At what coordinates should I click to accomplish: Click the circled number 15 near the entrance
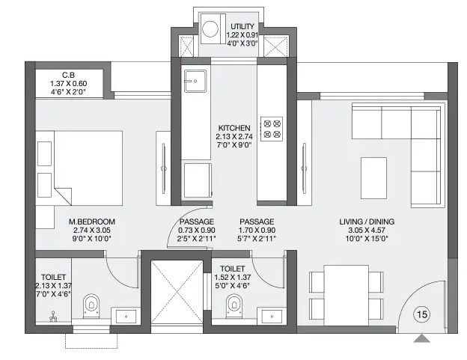click(x=422, y=314)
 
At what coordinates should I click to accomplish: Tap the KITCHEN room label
click(x=234, y=128)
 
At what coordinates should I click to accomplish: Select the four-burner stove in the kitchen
click(x=272, y=129)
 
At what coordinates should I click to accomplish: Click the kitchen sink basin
click(x=195, y=81)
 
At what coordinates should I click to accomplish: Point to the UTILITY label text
click(x=242, y=26)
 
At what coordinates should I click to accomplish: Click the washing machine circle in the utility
click(x=210, y=29)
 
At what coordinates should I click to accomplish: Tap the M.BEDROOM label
click(x=92, y=222)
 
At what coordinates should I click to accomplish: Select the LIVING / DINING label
click(x=367, y=222)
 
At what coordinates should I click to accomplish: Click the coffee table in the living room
click(x=373, y=178)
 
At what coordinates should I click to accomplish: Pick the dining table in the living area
click(x=347, y=296)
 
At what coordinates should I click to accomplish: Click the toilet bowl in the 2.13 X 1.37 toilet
click(x=91, y=306)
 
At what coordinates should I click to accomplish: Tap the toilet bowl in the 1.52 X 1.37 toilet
click(x=234, y=306)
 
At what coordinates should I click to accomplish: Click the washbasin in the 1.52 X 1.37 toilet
click(x=272, y=317)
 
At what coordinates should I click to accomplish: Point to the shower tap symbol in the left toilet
click(x=53, y=317)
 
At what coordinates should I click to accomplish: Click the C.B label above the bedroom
click(x=69, y=76)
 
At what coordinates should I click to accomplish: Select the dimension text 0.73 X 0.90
click(x=197, y=231)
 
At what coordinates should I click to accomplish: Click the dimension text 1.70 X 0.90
click(x=257, y=231)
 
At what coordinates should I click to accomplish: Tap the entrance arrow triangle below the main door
click(x=422, y=338)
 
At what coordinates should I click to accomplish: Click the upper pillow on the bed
click(x=44, y=153)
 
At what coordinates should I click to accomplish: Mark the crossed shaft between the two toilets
click(x=177, y=292)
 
